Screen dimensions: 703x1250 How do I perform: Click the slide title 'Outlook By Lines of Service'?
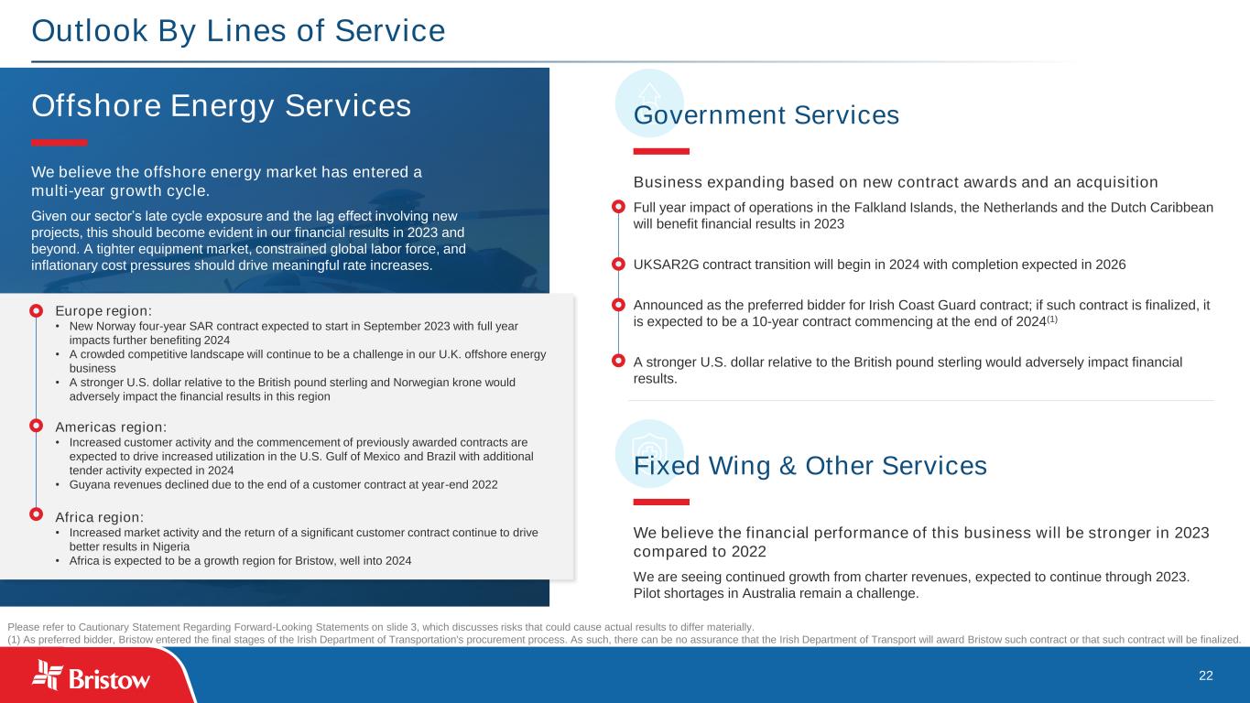238,31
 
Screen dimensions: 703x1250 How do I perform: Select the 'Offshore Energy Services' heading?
221,106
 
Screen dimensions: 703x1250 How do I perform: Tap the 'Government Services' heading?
766,115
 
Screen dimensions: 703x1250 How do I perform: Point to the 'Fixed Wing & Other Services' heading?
810,466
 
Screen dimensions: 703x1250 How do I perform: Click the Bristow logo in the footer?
92,677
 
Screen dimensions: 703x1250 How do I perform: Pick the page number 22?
1206,676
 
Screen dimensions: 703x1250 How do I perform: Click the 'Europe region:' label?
103,311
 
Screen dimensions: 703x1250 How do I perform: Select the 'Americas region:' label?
111,427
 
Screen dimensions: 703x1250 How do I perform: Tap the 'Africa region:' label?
99,516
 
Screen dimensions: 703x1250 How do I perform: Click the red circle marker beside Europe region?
36,311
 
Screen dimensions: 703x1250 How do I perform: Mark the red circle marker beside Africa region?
36,516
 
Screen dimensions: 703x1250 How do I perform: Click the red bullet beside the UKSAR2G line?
618,265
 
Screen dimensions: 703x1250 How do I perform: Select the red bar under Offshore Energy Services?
60,143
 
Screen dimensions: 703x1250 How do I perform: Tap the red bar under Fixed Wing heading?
661,502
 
